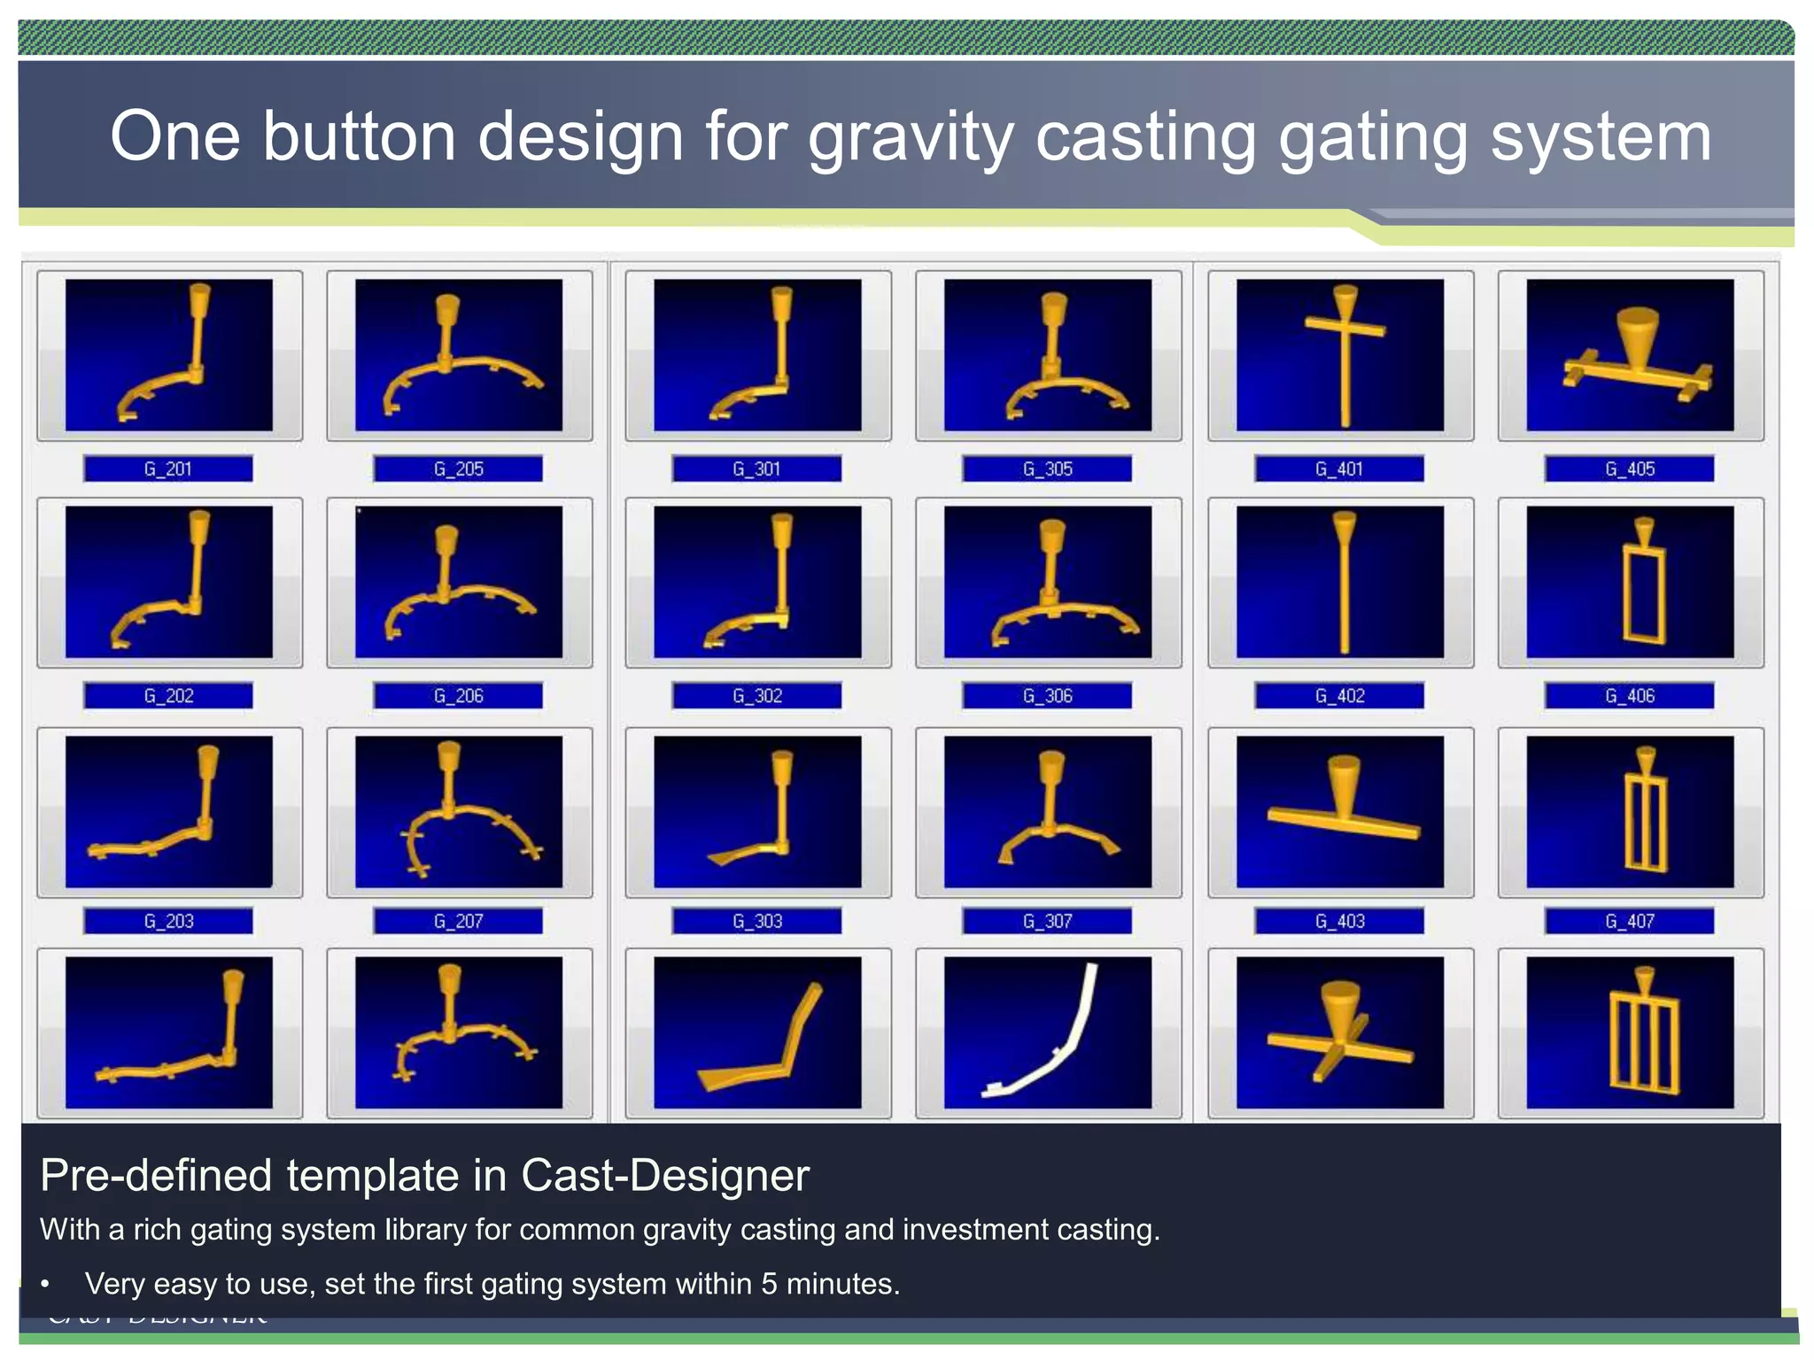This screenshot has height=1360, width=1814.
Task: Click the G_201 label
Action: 167,468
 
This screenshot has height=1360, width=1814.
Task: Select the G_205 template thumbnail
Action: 459,355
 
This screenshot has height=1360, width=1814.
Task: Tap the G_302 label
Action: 756,696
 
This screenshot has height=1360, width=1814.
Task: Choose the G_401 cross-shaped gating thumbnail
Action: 1339,355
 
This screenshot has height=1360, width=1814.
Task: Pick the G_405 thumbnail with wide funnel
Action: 1630,355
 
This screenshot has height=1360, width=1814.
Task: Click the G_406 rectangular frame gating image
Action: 1630,582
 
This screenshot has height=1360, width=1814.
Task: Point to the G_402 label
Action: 1339,696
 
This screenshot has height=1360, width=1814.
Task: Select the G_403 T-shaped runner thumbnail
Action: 1339,811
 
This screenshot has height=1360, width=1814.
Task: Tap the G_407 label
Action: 1630,922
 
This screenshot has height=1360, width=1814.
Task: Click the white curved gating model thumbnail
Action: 1047,1032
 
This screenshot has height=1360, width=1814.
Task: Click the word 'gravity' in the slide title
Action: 911,138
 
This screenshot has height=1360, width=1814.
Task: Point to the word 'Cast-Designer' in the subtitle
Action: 664,1176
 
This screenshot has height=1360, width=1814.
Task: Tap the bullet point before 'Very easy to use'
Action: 45,1284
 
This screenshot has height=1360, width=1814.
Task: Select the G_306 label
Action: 1047,696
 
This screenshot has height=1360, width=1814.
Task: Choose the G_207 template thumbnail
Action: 459,811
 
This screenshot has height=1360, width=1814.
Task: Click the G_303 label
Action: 756,922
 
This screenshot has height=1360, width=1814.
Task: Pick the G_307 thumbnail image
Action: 1047,811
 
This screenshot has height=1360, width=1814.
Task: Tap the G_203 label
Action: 167,922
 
